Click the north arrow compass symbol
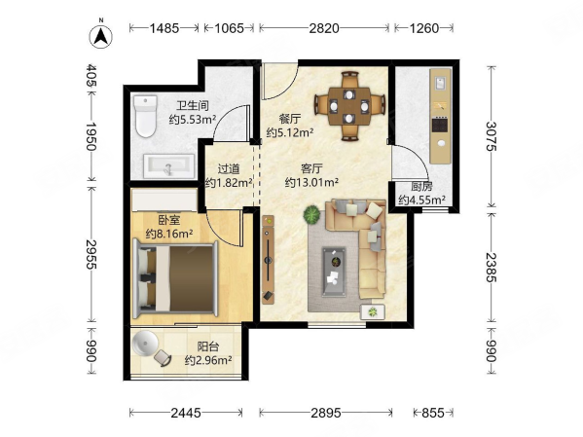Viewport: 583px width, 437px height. tap(101, 36)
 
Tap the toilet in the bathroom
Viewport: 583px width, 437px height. tap(145, 116)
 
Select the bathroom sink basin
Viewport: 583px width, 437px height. tap(169, 166)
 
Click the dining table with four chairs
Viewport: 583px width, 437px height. tap(349, 106)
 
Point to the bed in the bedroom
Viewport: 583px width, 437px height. tap(175, 278)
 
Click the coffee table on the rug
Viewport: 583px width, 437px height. tap(334, 272)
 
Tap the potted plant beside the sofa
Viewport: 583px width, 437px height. tap(311, 214)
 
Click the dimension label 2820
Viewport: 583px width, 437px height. tap(324, 28)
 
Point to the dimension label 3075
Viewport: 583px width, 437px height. tap(492, 136)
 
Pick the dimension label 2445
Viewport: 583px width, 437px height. tap(186, 413)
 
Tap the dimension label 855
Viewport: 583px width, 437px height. tap(433, 413)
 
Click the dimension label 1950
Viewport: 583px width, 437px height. tap(91, 136)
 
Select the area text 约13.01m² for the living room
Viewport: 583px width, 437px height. tap(311, 182)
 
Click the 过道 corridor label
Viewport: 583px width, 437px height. tap(229, 169)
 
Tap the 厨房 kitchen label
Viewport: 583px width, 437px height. tap(421, 186)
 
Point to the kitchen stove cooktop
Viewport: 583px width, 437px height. tap(440, 125)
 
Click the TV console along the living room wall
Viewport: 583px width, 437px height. tap(268, 259)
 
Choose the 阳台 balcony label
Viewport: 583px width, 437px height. tap(208, 346)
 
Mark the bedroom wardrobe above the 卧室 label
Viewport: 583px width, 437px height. tap(164, 200)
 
